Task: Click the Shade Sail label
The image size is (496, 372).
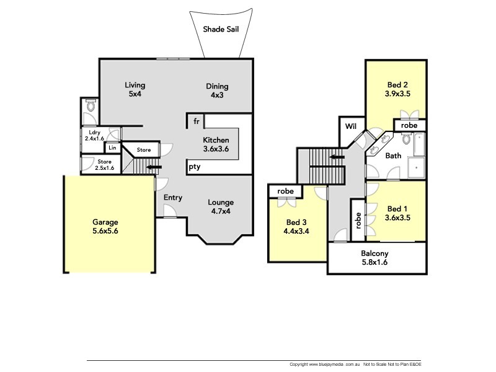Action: [x=222, y=29]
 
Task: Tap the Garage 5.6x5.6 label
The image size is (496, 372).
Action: [x=105, y=226]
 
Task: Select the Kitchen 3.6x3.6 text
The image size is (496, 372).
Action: [x=216, y=144]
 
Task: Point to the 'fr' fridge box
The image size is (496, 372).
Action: [x=196, y=121]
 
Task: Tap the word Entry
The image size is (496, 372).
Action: [x=173, y=198]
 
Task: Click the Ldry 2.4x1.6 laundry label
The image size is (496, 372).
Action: [x=95, y=135]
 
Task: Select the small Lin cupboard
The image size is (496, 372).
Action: [x=112, y=148]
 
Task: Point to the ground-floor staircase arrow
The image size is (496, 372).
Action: [x=153, y=167]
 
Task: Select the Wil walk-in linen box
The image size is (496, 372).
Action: [x=351, y=126]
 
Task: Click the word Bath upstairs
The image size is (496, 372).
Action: [x=393, y=156]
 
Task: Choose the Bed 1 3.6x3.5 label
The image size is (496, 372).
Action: [x=397, y=213]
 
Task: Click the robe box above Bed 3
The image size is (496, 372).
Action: [x=285, y=192]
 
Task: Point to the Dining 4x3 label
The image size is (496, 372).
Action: [x=217, y=91]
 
